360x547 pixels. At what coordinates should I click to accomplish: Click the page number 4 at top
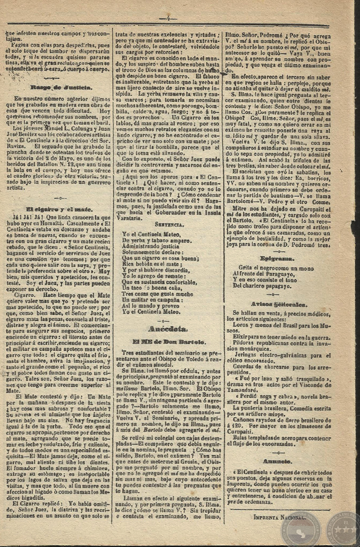pos(168,19)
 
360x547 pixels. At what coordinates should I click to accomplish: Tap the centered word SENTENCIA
pos(168,224)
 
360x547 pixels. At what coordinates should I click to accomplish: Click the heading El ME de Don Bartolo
pos(168,341)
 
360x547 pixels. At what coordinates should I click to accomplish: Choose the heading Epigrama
pos(277,258)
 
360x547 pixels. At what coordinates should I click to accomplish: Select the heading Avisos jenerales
pos(277,304)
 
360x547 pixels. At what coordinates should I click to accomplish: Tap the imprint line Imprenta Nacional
pos(280,515)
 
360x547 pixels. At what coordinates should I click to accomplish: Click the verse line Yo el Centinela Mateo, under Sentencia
pos(151,234)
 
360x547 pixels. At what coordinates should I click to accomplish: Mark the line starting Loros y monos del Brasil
pos(281,325)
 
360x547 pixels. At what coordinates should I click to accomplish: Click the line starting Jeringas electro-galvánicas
pos(281,355)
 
